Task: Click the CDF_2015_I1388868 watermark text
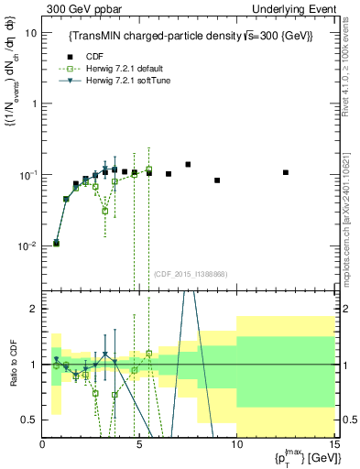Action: (x=190, y=274)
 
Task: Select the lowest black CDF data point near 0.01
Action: (x=57, y=244)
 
